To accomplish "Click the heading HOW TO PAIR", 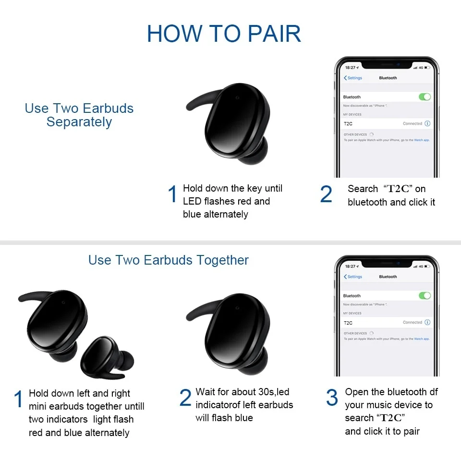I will [x=224, y=33].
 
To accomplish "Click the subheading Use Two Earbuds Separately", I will [x=79, y=115].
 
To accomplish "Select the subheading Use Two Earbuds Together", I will [x=169, y=260].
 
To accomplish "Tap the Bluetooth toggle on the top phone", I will [x=425, y=97].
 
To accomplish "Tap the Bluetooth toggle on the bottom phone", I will [x=425, y=296].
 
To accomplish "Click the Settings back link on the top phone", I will [x=353, y=78].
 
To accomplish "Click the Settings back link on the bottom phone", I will [x=353, y=277].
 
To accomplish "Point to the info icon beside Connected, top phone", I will [x=427, y=123].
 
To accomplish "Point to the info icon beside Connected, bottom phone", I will [x=427, y=322].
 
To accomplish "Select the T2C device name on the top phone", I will [x=348, y=124].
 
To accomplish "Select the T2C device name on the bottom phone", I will [x=348, y=323].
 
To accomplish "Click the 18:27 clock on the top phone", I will [x=351, y=68].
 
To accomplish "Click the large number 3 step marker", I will [x=332, y=398].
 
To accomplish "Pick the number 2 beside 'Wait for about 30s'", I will [x=185, y=398].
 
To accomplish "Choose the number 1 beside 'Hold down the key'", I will [x=172, y=194].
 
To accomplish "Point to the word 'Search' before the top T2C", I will [x=363, y=189].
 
